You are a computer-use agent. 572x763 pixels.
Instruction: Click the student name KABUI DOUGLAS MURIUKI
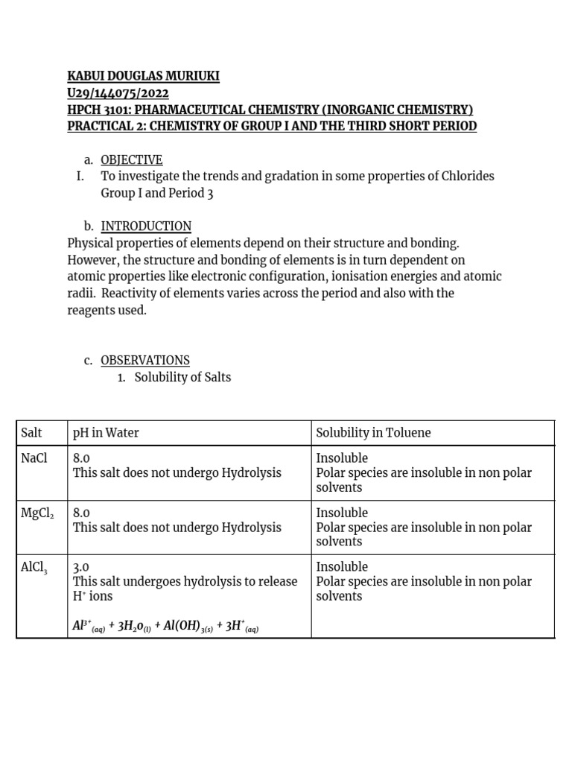(x=144, y=77)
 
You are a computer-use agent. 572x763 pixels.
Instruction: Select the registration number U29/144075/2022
(x=118, y=93)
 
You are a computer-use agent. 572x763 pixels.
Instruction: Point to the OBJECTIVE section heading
(x=131, y=160)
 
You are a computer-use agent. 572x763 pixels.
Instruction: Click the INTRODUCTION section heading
(x=146, y=226)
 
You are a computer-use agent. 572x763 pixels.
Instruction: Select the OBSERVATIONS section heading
(x=145, y=360)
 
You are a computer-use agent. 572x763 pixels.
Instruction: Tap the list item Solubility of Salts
(x=182, y=377)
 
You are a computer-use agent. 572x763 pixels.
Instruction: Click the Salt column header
(x=32, y=433)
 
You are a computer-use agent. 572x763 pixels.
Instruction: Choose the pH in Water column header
(x=106, y=433)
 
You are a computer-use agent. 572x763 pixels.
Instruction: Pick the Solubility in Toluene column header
(x=373, y=433)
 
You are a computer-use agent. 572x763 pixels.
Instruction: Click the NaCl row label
(x=34, y=458)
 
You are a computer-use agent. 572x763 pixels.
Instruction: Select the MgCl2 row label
(x=37, y=513)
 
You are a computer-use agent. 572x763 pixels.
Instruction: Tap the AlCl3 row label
(x=35, y=567)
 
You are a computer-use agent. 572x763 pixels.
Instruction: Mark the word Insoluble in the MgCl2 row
(x=342, y=513)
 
